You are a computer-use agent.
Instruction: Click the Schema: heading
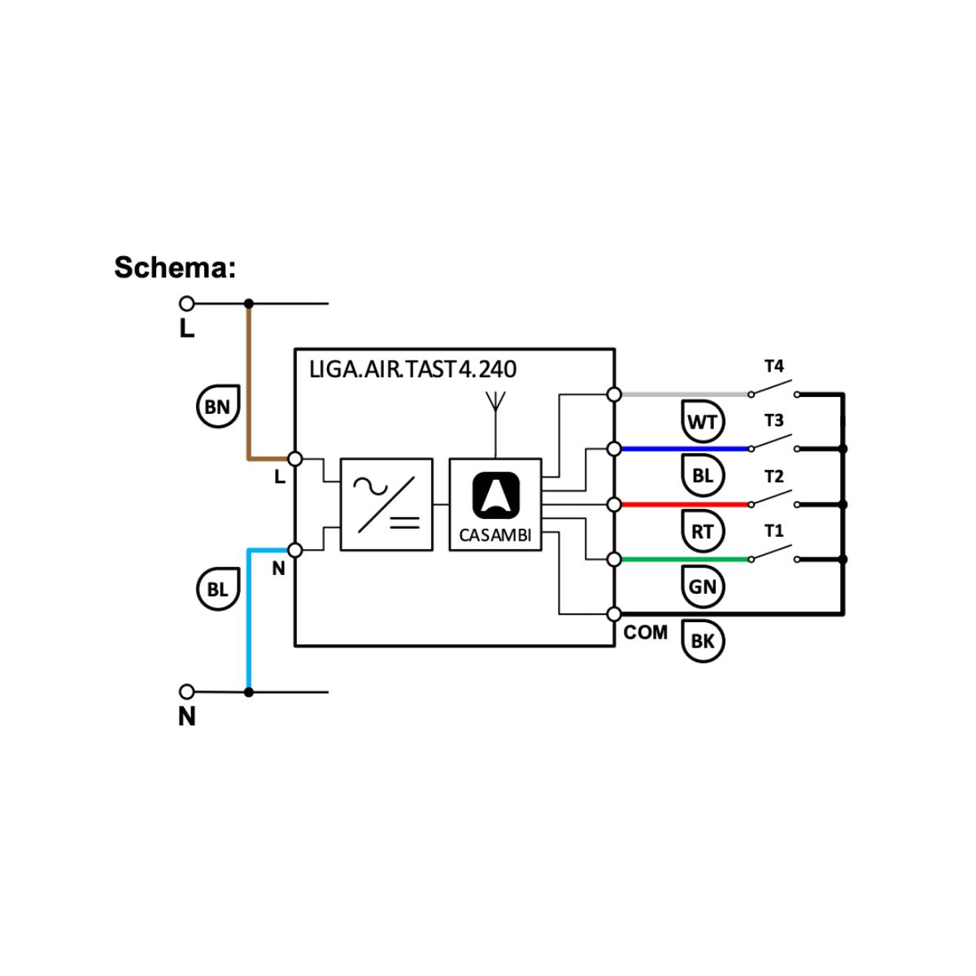click(x=175, y=268)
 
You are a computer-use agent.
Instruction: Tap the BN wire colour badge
click(x=217, y=406)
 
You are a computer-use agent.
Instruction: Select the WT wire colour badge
click(x=703, y=421)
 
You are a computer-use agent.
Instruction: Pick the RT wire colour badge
click(x=703, y=532)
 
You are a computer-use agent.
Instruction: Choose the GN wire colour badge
click(x=703, y=586)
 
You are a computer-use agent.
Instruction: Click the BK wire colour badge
click(x=703, y=641)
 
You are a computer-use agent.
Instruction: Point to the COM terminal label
click(x=646, y=633)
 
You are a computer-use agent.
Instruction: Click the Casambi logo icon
click(x=495, y=495)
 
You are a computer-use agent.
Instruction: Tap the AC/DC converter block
click(x=386, y=504)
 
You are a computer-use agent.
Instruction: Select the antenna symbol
click(x=495, y=403)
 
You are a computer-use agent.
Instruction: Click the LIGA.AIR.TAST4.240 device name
click(x=412, y=369)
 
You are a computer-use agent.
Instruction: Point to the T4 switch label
click(x=773, y=367)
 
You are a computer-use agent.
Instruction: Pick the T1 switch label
click(x=773, y=532)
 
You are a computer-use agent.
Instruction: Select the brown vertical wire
click(x=249, y=382)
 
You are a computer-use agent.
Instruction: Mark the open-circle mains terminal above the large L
click(x=187, y=303)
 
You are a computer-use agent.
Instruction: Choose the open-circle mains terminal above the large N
click(x=187, y=692)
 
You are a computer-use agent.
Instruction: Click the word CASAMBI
click(x=495, y=536)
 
